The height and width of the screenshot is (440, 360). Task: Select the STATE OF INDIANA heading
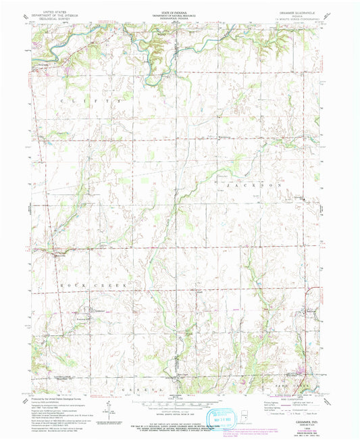pyautogui.click(x=180, y=11)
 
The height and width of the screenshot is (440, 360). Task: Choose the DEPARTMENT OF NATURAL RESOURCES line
pyautogui.click(x=180, y=16)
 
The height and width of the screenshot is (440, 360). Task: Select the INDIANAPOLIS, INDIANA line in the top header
pyautogui.click(x=180, y=19)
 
